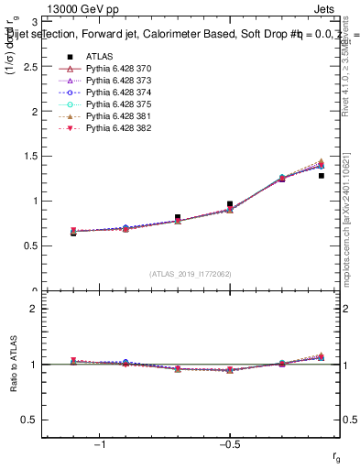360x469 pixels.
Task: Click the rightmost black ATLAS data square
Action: click(322, 176)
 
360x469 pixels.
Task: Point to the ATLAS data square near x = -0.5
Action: click(230, 204)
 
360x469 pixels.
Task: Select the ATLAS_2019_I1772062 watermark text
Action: click(191, 274)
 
